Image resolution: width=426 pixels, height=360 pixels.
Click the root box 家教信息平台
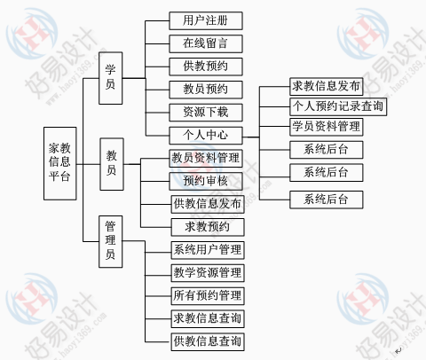pos(60,163)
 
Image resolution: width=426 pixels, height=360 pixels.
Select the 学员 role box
pos(111,78)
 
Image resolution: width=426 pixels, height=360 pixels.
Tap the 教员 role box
pos(112,164)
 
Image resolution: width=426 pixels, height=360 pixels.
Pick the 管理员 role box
pos(111,242)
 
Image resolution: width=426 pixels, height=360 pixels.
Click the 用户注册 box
pos(206,20)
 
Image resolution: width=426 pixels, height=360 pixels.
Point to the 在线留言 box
pos(206,43)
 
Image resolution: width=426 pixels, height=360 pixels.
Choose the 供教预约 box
pos(206,67)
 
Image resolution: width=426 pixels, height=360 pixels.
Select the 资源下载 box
pos(206,113)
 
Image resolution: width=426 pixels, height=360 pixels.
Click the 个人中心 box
pos(206,136)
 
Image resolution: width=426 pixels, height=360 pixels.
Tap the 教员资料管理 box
pos(206,158)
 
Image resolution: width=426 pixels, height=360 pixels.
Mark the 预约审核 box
pos(206,181)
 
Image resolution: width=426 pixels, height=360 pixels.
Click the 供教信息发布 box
pos(208,204)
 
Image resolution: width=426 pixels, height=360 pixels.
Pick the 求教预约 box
pos(208,227)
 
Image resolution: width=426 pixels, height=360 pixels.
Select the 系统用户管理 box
pos(208,250)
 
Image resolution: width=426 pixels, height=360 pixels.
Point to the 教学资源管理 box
pos(208,273)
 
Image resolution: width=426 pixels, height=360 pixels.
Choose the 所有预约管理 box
pos(208,296)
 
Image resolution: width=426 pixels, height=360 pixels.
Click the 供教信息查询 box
pos(208,342)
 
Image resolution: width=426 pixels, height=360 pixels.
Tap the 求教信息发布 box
pos(327,87)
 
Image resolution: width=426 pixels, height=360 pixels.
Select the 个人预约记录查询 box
pos(338,106)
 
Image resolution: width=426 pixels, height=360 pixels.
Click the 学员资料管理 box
pos(327,127)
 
